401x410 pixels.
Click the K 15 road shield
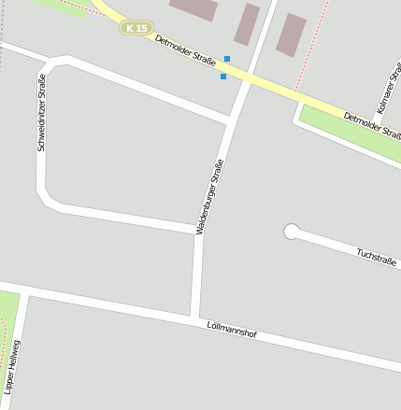tap(136, 28)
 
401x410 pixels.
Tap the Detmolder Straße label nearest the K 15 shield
tap(185, 52)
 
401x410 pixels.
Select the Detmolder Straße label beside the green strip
tap(372, 124)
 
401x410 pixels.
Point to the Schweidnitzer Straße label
tap(41, 117)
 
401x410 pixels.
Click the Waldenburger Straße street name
tap(210, 196)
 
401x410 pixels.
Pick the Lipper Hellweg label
tap(12, 364)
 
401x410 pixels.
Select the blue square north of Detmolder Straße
tap(227, 59)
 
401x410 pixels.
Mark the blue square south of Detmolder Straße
tap(223, 77)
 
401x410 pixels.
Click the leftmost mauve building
tap(194, 8)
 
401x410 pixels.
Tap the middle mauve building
tap(247, 24)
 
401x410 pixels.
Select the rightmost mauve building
tap(291, 35)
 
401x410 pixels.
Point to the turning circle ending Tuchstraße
tap(292, 231)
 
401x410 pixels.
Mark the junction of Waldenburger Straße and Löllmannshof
tap(194, 316)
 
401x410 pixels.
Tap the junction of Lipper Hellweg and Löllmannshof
tap(23, 290)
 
